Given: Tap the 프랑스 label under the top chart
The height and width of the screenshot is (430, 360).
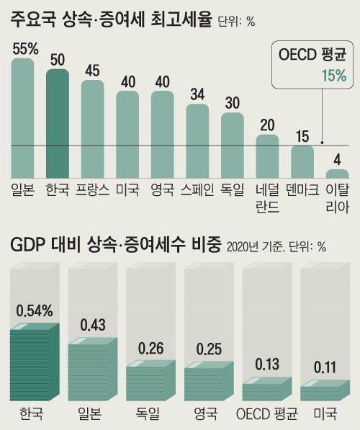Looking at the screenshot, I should pos(92,190).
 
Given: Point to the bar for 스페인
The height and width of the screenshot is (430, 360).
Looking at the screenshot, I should pos(197,140).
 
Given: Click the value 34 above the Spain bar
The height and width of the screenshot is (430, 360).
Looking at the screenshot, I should pos(197,94).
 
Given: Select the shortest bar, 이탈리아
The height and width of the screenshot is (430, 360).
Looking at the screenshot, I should pos(337,174).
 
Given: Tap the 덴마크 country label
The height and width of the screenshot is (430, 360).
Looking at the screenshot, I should pos(302,190).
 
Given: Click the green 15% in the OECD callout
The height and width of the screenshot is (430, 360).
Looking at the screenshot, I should pos(333,75).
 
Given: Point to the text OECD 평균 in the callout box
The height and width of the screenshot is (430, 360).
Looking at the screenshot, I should pos(313,55).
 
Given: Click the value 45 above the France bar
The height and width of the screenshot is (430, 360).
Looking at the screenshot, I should pos(92,71).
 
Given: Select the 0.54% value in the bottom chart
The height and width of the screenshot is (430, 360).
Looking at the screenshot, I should pos(34,312).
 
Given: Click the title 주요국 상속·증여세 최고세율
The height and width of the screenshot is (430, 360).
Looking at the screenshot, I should pos(112,19).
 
